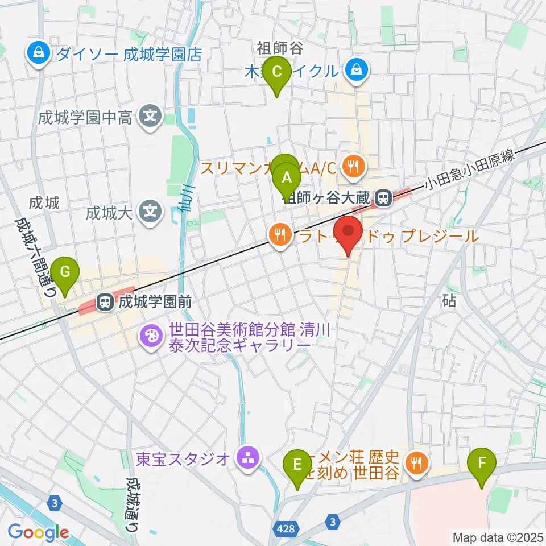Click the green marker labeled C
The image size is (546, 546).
click(x=277, y=72)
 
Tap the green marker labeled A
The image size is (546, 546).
click(x=288, y=177)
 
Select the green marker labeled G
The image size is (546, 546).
click(x=65, y=272)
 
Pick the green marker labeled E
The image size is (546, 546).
click(x=297, y=464)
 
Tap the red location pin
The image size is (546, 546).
click(x=348, y=233)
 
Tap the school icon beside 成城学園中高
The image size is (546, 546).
click(x=150, y=118)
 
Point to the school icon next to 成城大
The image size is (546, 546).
click(x=150, y=213)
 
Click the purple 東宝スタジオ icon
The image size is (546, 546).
click(x=247, y=457)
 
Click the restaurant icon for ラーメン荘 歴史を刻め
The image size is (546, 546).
click(x=418, y=464)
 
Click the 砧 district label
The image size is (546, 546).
click(x=449, y=301)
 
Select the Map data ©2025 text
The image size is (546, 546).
click(x=497, y=536)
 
